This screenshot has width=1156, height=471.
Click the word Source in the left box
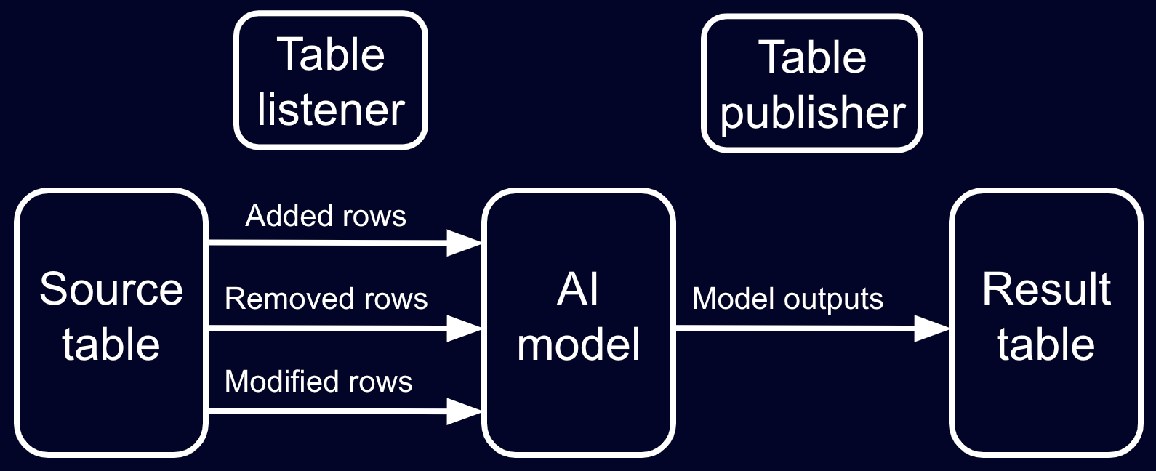[x=111, y=289]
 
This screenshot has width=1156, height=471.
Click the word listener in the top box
[x=331, y=110]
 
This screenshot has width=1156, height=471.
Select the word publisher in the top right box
[x=812, y=113]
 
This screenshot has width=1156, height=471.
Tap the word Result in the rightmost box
[x=1045, y=289]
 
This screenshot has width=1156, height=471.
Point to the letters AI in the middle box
[x=578, y=289]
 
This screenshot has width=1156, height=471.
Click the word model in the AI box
[x=578, y=344]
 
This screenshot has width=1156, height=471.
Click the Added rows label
[x=326, y=216]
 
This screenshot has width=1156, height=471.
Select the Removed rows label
[x=326, y=299]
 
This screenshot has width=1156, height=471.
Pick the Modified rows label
[x=318, y=382]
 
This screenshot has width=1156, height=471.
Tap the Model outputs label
[x=787, y=299]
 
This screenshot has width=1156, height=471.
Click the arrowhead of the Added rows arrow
[x=464, y=243]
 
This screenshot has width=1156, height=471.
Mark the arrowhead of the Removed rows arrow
[x=464, y=329]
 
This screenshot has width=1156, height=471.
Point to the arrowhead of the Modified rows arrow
[x=464, y=411]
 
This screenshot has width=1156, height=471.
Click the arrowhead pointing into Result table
[x=931, y=329]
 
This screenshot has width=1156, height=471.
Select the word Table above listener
[x=331, y=55]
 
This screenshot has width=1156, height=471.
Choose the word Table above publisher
[x=812, y=57]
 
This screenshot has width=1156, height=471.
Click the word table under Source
[x=111, y=344]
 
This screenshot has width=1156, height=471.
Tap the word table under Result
[x=1045, y=344]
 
